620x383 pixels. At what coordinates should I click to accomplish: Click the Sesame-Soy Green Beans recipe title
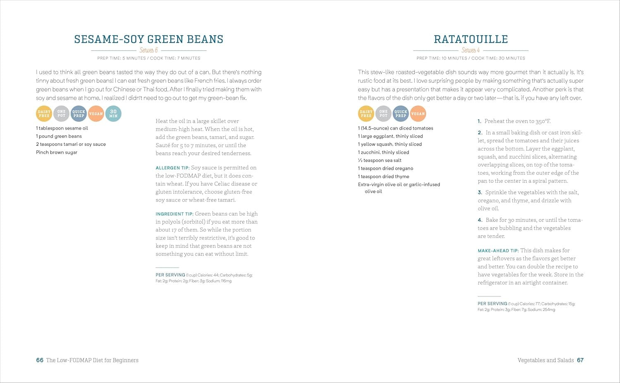click(149, 39)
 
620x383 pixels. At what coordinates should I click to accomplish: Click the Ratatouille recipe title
click(471, 39)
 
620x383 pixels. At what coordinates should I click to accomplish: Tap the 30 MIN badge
click(113, 114)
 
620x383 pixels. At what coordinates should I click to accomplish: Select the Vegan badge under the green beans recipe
click(96, 114)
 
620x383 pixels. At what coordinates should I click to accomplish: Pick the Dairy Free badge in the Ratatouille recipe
click(366, 114)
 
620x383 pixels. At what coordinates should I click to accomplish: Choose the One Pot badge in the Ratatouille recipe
click(384, 114)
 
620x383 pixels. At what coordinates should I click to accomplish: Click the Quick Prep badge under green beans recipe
click(79, 114)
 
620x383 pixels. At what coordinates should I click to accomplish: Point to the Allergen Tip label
click(172, 168)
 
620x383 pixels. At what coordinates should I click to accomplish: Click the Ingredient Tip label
click(174, 214)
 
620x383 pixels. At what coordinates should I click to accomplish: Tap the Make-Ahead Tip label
click(498, 251)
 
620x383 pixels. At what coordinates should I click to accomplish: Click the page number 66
click(40, 360)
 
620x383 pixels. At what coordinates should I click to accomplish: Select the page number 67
click(580, 360)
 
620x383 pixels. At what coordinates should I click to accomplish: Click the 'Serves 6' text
click(149, 50)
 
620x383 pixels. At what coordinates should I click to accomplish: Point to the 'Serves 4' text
click(471, 50)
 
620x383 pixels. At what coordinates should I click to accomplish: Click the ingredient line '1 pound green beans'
click(59, 136)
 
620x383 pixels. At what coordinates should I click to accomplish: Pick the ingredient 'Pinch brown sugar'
click(57, 152)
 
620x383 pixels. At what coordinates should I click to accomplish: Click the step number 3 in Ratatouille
click(480, 193)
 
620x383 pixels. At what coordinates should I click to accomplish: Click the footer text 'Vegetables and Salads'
click(546, 360)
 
